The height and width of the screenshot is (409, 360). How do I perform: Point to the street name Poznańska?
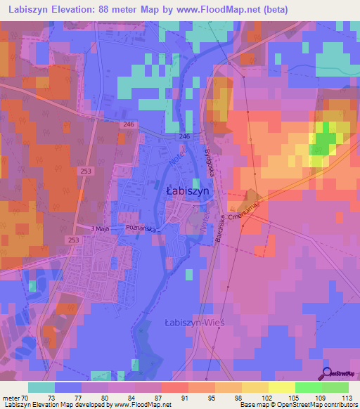pyautogui.click(x=141, y=229)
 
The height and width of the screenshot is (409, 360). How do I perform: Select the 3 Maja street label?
pyautogui.click(x=103, y=228)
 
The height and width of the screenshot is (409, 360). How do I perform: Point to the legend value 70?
pyautogui.click(x=26, y=397)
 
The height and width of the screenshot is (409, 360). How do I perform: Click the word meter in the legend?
pyautogui.click(x=11, y=397)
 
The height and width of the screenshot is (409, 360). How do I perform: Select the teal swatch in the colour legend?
pyautogui.click(x=41, y=387)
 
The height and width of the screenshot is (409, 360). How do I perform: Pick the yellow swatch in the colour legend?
pyautogui.click(x=282, y=387)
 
